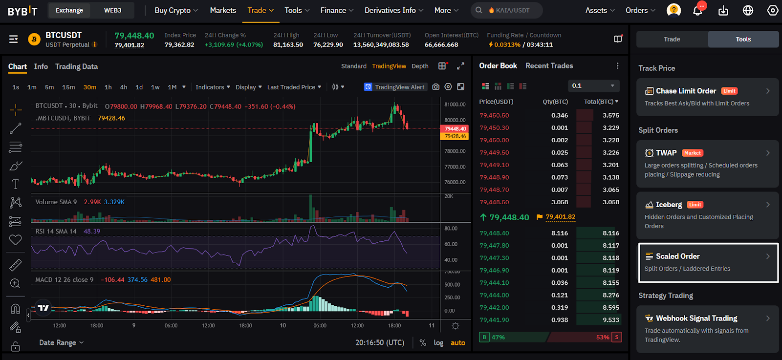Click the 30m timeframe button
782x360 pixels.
(90, 87)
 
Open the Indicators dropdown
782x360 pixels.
(213, 87)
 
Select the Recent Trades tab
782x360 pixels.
(549, 66)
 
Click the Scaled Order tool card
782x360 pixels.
(708, 263)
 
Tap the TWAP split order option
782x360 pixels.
(708, 164)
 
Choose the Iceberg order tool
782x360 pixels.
(708, 215)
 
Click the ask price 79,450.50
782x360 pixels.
(494, 115)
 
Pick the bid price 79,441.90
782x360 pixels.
(494, 320)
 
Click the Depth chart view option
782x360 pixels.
(420, 66)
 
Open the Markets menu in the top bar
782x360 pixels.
(223, 10)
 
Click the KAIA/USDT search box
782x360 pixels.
(506, 10)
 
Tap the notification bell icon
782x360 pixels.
(697, 11)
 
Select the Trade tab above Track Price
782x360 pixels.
(672, 39)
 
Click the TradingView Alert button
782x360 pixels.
(395, 87)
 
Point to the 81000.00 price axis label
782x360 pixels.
(455, 105)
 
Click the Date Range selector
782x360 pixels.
(61, 342)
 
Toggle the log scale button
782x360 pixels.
(438, 343)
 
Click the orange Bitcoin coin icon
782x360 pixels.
(34, 40)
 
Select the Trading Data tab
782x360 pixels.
(76, 66)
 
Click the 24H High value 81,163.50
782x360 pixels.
(288, 44)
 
